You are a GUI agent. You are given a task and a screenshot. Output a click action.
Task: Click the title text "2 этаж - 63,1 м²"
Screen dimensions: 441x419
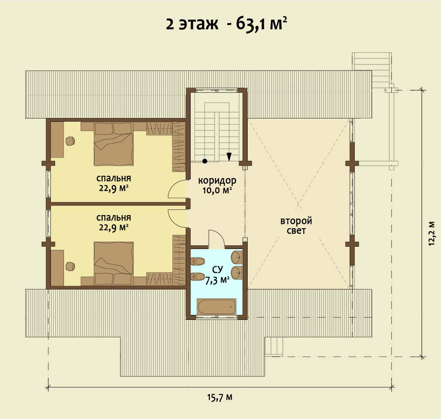226,24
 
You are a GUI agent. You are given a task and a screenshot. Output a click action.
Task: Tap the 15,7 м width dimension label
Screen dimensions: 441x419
220,397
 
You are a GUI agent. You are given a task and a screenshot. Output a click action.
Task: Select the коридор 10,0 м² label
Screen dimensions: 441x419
217,185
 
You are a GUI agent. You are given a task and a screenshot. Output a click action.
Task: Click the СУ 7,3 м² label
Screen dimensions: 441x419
217,275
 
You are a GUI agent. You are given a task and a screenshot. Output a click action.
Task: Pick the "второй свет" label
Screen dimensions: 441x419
296,225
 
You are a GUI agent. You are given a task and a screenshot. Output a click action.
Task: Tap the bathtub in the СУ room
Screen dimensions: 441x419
216,307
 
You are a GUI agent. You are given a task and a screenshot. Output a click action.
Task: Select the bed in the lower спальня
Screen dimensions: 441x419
113,263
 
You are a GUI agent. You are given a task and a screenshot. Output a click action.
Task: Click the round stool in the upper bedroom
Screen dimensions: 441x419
70,140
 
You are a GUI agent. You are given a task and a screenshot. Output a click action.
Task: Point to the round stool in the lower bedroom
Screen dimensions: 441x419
70,266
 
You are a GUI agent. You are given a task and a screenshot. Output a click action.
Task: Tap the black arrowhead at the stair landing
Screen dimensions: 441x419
229,156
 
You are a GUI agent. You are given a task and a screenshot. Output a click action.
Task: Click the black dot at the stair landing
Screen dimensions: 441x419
205,161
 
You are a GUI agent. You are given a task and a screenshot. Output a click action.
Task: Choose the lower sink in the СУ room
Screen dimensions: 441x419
237,272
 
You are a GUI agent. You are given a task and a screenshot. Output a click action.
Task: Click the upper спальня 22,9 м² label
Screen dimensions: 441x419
113,183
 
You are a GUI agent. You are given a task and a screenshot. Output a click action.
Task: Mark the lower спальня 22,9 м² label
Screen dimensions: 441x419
113,222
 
